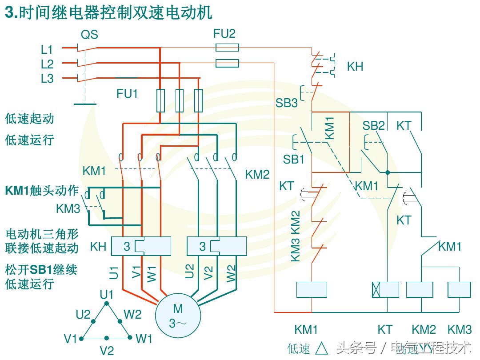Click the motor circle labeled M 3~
click(178, 315)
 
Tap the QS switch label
click(89, 35)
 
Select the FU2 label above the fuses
click(224, 33)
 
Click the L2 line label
click(47, 64)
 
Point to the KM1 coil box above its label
click(312, 290)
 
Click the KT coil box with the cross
click(385, 290)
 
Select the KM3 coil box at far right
click(459, 290)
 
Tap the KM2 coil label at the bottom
click(423, 330)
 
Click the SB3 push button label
click(287, 103)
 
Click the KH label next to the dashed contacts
click(355, 67)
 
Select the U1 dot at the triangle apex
click(106, 304)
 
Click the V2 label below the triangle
click(106, 351)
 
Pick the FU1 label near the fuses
click(127, 94)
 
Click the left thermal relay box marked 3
click(141, 246)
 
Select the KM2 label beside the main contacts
click(257, 175)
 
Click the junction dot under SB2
click(388, 172)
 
